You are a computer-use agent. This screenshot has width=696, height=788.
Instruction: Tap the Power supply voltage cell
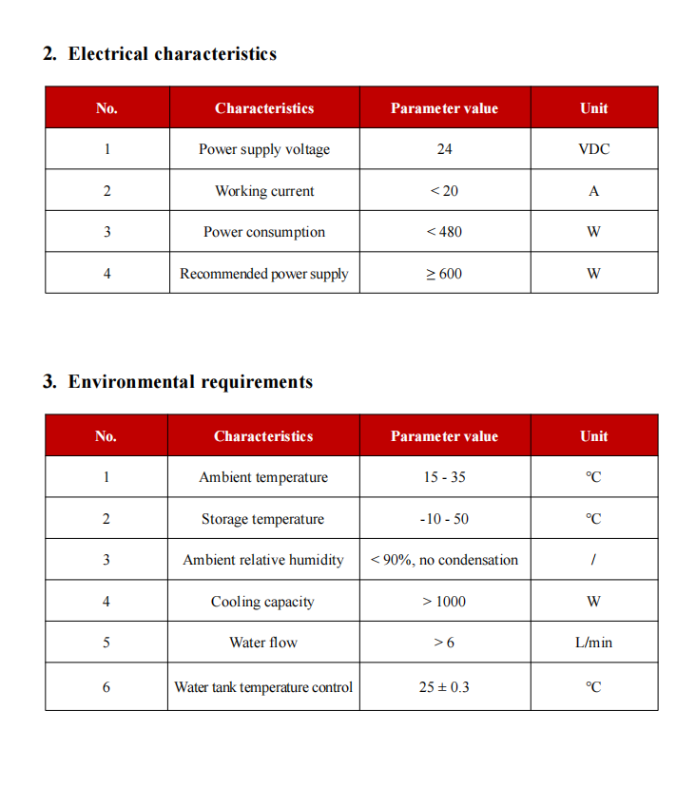[x=264, y=149]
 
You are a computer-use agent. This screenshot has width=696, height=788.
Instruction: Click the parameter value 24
[x=444, y=149]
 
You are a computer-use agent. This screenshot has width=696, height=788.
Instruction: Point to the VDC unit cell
[x=593, y=149]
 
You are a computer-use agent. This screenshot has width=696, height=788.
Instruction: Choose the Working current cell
[x=264, y=191]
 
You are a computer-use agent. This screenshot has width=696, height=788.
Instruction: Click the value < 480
[x=444, y=232]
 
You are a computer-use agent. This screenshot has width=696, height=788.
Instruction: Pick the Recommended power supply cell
[x=264, y=274]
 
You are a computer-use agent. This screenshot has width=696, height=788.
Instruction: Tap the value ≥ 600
[x=444, y=274]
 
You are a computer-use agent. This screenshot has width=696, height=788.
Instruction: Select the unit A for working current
[x=593, y=191]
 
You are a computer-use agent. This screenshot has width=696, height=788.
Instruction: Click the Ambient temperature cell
[x=263, y=477]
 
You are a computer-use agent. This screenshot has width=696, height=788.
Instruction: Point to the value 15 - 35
[x=444, y=477]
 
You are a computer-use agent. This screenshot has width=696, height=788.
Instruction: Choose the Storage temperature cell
[x=262, y=519]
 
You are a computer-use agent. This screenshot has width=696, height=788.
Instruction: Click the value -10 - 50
[x=444, y=519]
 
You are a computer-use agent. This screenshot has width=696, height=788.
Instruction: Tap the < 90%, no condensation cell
[x=444, y=560]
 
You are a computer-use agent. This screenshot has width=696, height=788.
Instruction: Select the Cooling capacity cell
[x=262, y=602]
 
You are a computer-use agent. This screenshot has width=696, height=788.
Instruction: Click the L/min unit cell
[x=593, y=643]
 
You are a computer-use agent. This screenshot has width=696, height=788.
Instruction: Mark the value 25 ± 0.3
[x=444, y=686]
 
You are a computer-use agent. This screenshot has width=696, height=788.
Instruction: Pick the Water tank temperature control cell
[x=263, y=686]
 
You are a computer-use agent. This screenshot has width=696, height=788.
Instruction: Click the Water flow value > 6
[x=444, y=643]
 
